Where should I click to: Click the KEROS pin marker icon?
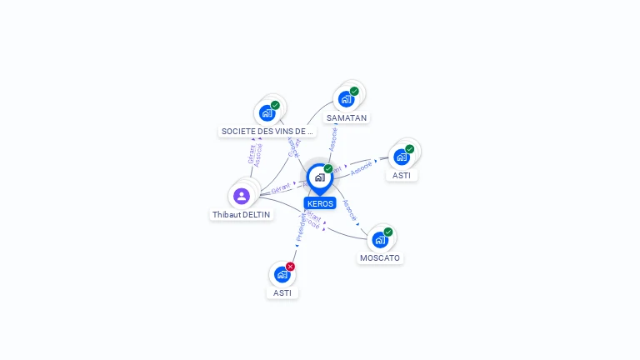319,177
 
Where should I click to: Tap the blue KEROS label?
320,203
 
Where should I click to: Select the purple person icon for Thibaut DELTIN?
242,196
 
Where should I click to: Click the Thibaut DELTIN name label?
241,215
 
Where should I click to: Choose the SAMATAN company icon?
346,99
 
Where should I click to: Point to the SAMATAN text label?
347,118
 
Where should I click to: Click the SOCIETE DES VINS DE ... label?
267,132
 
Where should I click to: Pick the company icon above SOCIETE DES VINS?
267,112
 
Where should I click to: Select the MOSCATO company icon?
380,240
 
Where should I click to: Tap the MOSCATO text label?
380,258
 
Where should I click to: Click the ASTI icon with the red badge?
282,274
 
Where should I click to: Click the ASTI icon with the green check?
402,157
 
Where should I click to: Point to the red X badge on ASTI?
290,267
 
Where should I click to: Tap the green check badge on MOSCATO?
388,232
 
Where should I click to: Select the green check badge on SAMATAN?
354,92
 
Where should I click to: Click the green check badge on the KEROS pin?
328,169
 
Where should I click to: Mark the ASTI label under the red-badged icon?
282,293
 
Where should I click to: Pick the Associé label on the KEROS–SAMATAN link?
333,138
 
